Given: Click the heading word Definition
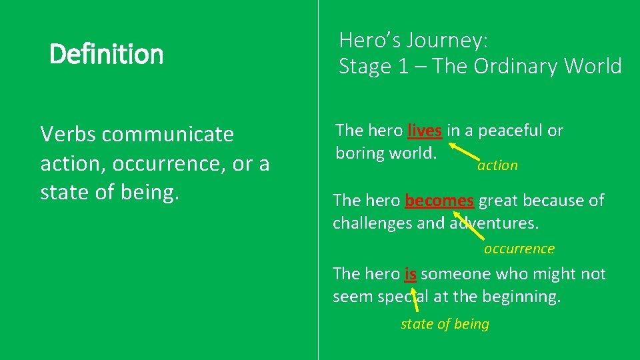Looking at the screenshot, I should (106, 54).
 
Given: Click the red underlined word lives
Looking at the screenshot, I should (425, 131).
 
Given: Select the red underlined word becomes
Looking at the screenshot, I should (439, 200).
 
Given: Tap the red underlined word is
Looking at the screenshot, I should (410, 274).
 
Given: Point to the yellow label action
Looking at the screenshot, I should (497, 165).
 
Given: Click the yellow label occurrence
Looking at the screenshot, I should (519, 249).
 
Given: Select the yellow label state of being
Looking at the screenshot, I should (445, 324).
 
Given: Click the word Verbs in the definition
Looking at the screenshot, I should (69, 135).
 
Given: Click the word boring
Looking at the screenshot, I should (359, 153).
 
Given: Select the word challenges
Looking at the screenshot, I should (372, 223).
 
